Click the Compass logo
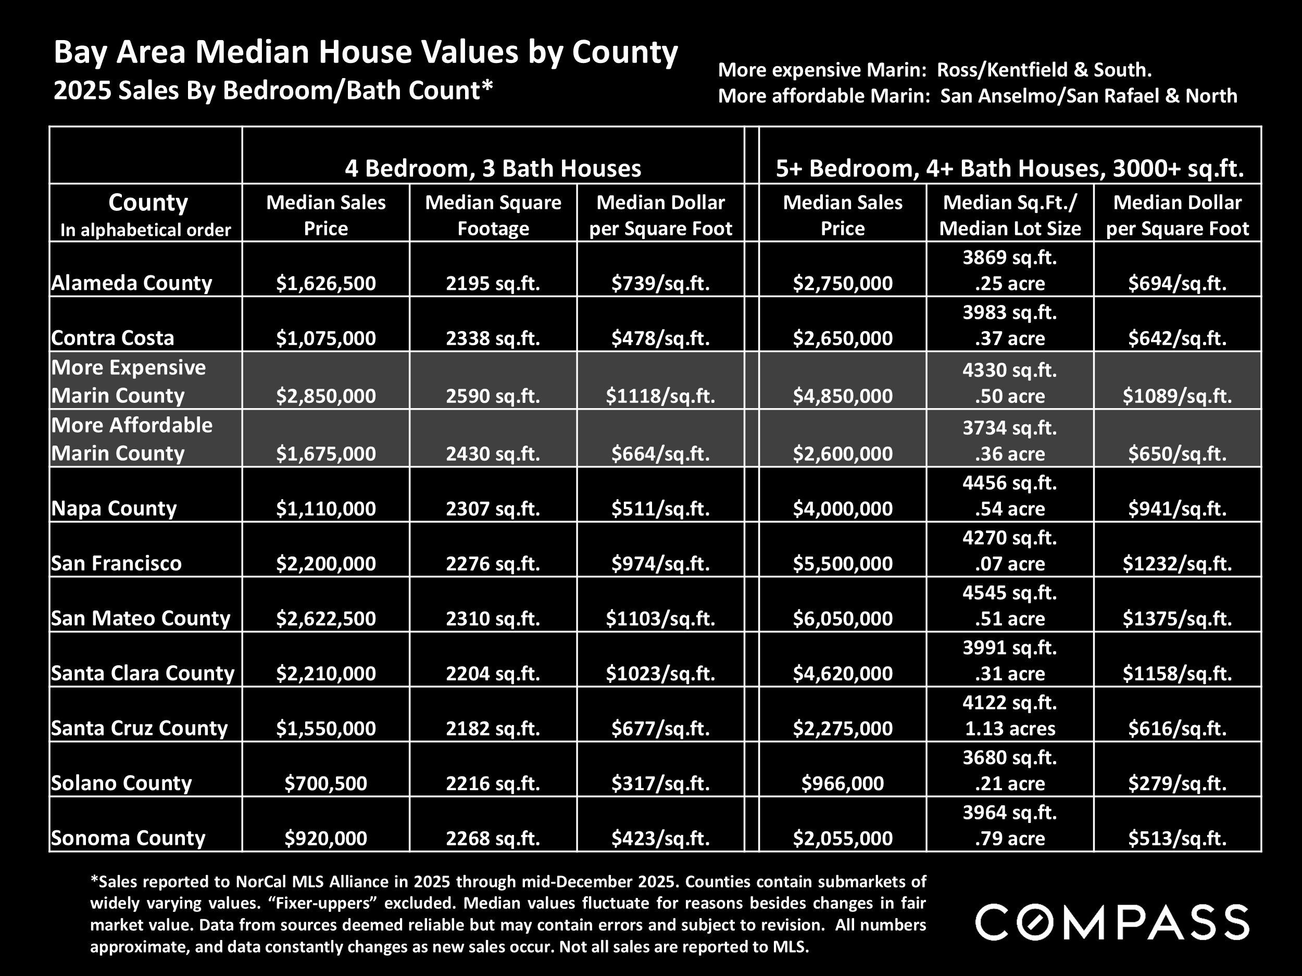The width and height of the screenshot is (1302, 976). pyautogui.click(x=1112, y=922)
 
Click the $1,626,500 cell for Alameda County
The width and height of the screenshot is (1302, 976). pyautogui.click(x=325, y=284)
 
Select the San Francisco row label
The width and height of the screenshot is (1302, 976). pyautogui.click(x=117, y=563)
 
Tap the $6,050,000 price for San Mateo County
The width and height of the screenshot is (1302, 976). pyautogui.click(x=842, y=618)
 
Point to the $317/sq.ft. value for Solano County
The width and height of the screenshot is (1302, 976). pyautogui.click(x=660, y=783)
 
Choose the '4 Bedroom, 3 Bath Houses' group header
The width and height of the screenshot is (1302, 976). pyautogui.click(x=493, y=169)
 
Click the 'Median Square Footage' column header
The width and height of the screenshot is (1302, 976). pyautogui.click(x=493, y=215)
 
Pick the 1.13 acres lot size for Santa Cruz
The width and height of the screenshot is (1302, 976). pyautogui.click(x=1009, y=729)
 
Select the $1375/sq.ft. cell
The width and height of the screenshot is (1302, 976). pyautogui.click(x=1176, y=618)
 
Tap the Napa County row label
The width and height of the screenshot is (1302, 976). pyautogui.click(x=114, y=508)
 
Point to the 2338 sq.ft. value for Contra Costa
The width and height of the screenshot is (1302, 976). pyautogui.click(x=493, y=338)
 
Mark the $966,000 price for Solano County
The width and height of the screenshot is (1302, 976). pyautogui.click(x=842, y=783)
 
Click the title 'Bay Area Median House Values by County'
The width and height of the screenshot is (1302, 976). pyautogui.click(x=366, y=52)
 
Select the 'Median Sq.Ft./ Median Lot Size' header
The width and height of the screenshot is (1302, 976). pyautogui.click(x=1009, y=215)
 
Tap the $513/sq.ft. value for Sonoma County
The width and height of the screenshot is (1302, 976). pyautogui.click(x=1176, y=839)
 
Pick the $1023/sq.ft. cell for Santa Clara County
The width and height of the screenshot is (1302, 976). pyautogui.click(x=660, y=674)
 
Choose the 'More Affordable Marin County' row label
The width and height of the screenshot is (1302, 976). pyautogui.click(x=132, y=439)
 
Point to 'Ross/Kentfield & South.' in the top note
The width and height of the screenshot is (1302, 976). pyautogui.click(x=1044, y=70)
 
